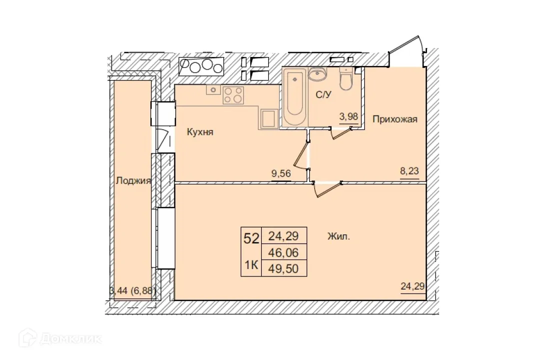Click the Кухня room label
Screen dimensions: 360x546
point(200,132)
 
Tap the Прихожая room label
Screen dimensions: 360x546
point(395,119)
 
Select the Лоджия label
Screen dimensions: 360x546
point(132,181)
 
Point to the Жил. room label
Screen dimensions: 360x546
point(339,236)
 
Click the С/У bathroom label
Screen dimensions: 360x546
point(323,95)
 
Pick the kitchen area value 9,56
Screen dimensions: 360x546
point(281,173)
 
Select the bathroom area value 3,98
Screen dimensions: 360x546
point(349,117)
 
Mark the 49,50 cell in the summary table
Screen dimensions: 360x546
point(287,268)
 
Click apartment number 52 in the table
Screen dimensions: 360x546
point(251,238)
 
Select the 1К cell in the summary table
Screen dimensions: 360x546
point(251,265)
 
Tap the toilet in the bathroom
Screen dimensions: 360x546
point(346,78)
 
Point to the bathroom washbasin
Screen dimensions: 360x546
point(317,74)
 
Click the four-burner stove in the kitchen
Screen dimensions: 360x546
point(233,95)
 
